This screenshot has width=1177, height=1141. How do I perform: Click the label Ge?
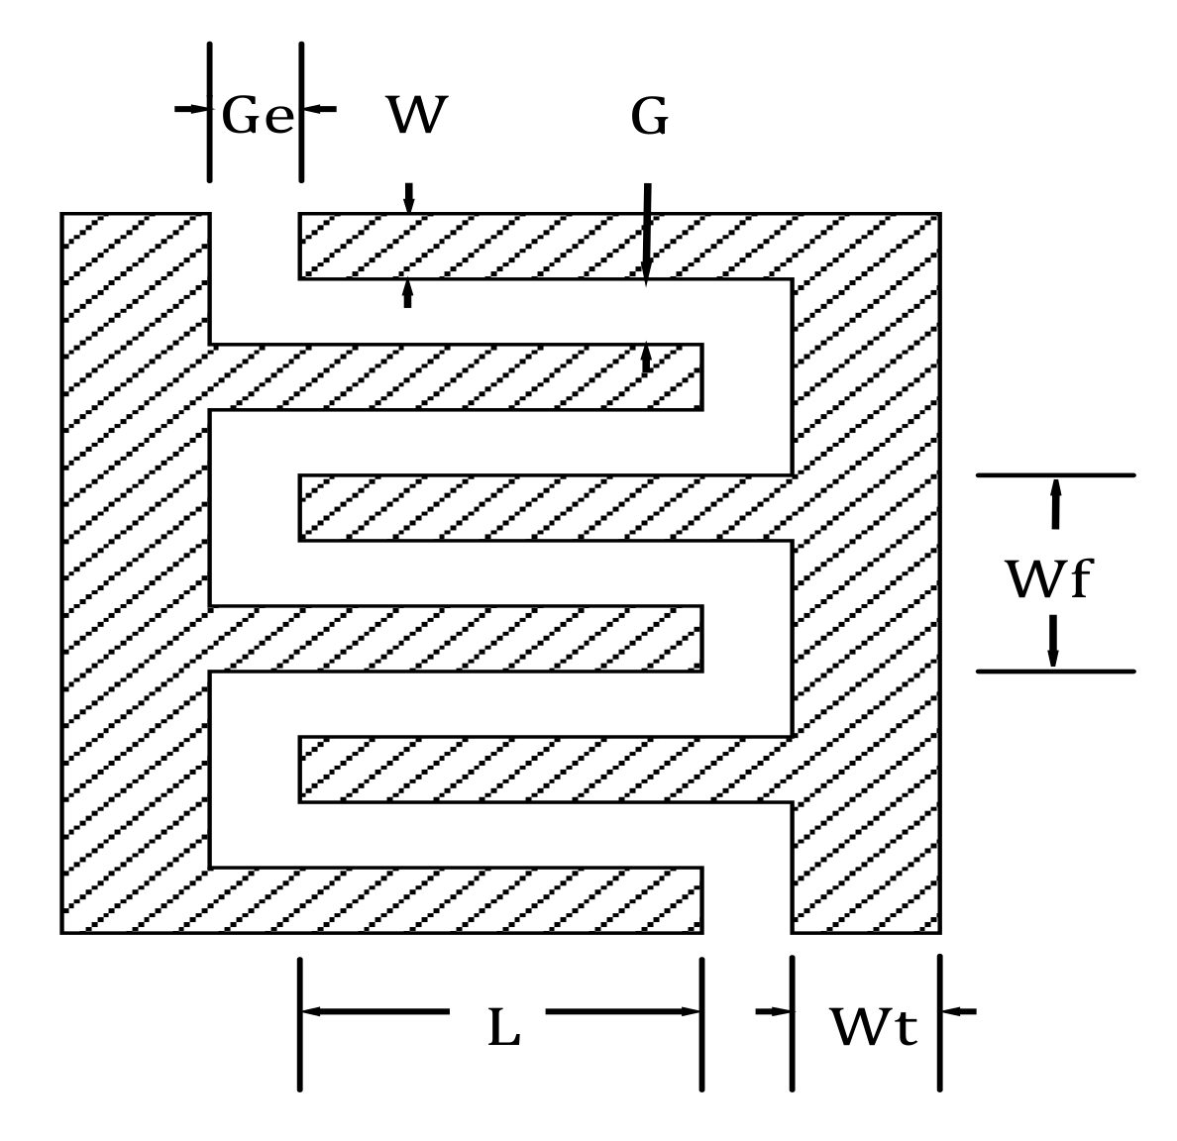(x=258, y=117)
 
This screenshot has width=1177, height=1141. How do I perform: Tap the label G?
(x=650, y=118)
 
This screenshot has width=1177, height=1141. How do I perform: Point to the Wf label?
(x=1047, y=580)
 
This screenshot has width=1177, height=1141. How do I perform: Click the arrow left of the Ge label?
(x=192, y=108)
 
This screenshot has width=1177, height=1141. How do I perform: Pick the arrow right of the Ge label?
(x=319, y=108)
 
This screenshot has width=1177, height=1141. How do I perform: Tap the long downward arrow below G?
(x=646, y=234)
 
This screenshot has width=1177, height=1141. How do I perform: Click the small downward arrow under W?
(x=408, y=197)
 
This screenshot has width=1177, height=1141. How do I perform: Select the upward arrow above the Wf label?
(x=1055, y=502)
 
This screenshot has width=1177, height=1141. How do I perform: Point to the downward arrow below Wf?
(x=1053, y=642)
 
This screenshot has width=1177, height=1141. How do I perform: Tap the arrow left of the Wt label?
(x=774, y=1011)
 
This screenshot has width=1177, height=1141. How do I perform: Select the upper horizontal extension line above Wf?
(x=1055, y=475)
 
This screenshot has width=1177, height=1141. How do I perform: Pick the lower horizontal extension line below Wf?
(x=1055, y=672)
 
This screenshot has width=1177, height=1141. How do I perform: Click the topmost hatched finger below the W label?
(x=545, y=246)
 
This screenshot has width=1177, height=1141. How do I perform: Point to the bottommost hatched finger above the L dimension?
(x=456, y=899)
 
